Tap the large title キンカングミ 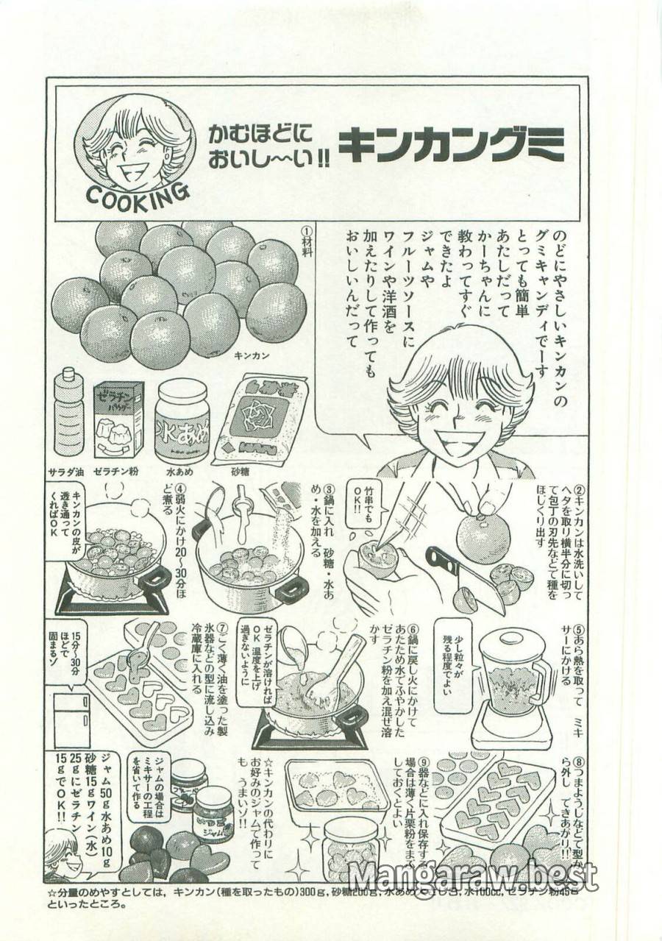point(451,144)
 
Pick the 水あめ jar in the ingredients point(182,421)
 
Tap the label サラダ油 point(68,471)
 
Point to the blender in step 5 point(512,688)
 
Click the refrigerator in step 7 point(72,714)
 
